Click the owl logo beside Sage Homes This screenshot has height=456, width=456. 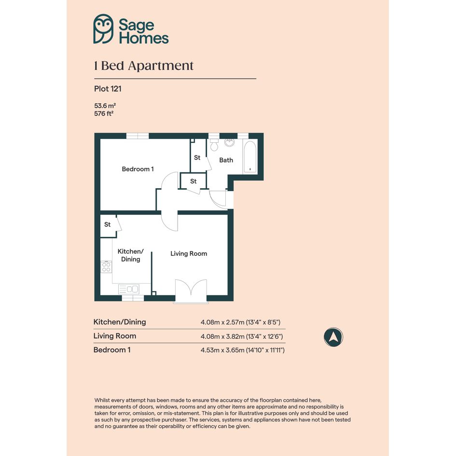coord(103,29)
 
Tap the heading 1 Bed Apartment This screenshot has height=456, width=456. coord(144,66)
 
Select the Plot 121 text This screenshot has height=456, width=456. coord(108,89)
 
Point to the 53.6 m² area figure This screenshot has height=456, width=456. coord(105,106)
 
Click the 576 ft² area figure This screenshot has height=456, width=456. coord(104,113)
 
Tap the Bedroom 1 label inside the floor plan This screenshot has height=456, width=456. coord(138,169)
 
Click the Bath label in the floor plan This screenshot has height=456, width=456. coord(226,160)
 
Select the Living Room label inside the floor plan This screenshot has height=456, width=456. coord(189,254)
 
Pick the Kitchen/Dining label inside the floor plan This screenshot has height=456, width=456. coord(131,255)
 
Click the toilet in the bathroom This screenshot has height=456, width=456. coord(214,145)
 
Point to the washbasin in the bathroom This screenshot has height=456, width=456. coord(230,142)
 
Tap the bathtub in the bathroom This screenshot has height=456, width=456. coord(250,157)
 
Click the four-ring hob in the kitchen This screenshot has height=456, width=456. coord(106,267)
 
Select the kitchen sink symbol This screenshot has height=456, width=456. coord(129,289)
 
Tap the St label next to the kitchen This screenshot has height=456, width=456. coord(107,224)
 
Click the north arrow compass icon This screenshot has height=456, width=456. coord(333,337)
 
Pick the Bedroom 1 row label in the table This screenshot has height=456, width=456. coord(112,350)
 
